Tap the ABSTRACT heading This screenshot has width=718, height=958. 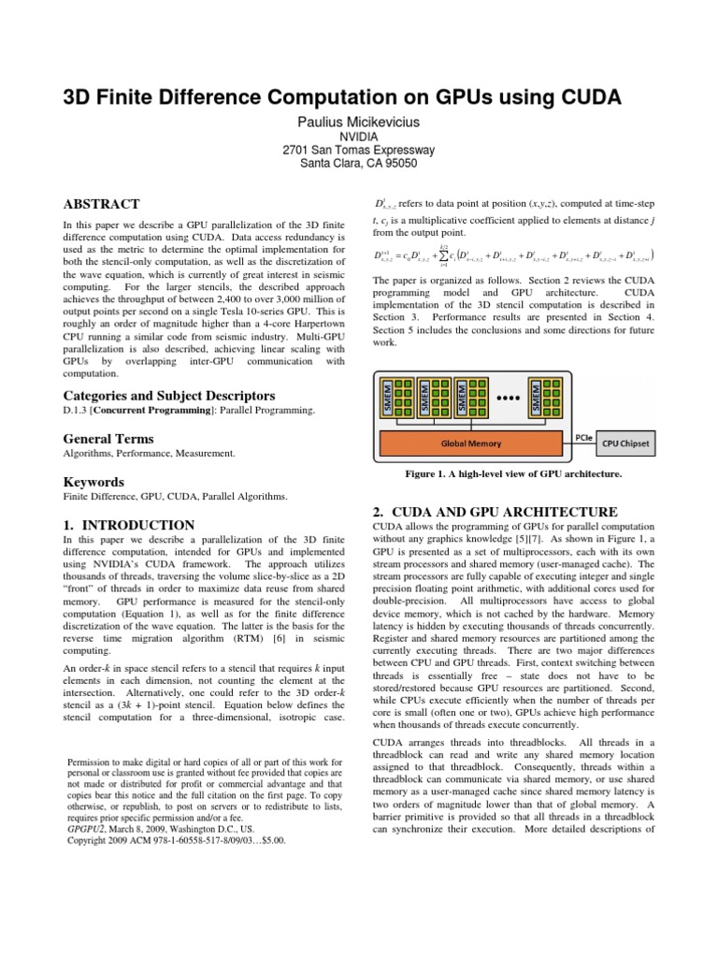101,204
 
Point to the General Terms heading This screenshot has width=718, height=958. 108,439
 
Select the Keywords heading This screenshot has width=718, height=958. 93,482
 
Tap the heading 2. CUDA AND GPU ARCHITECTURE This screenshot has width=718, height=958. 495,512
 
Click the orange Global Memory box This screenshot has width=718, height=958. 472,443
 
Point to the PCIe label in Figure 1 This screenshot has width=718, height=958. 580,436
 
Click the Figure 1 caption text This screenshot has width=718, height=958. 513,474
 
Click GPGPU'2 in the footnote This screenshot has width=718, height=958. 90,828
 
